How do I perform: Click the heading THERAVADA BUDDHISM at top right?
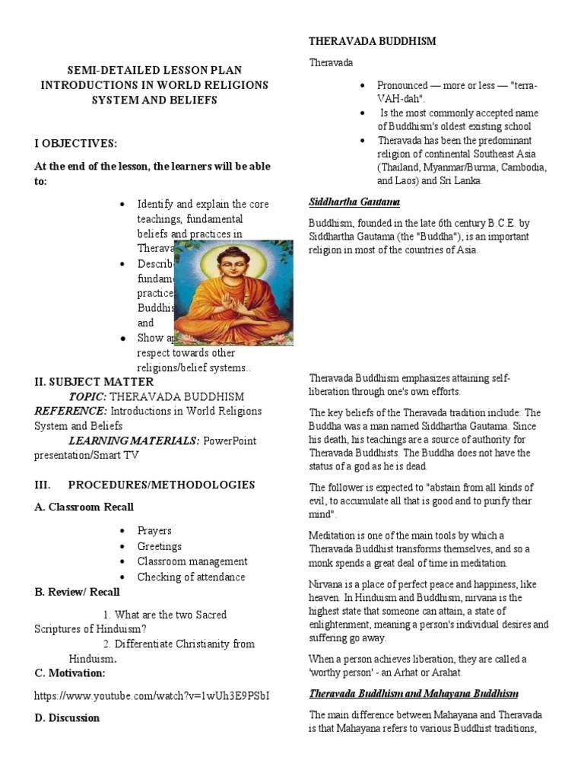point(371,41)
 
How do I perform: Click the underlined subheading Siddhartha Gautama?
point(354,202)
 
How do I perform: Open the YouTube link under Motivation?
point(151,695)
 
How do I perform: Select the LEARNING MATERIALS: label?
point(134,441)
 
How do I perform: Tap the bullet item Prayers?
point(154,531)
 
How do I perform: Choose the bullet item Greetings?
point(159,546)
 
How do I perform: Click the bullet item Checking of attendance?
point(191,577)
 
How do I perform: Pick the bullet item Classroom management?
point(192,561)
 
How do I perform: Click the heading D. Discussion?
point(67,717)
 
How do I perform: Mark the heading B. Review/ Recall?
point(77,592)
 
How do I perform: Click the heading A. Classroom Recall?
point(84,507)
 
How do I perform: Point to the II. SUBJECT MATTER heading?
point(94,382)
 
